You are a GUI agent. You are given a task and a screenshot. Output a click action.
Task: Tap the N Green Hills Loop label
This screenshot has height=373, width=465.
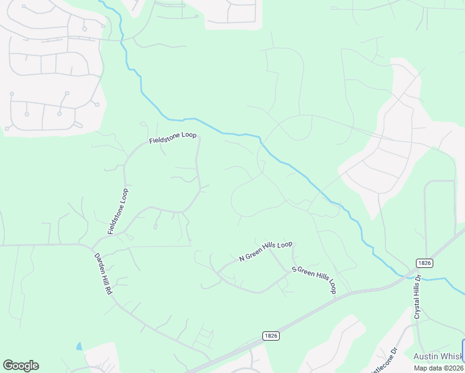click(265, 251)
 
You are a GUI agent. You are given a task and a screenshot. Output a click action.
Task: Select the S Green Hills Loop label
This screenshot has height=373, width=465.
click(314, 280)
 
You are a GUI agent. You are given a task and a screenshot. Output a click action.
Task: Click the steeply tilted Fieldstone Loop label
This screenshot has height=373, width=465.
click(117, 211)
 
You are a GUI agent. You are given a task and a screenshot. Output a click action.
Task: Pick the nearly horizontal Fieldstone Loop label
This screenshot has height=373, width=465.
click(173, 137)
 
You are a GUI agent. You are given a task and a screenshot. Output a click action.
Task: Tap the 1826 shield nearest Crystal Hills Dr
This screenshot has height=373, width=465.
click(421, 263)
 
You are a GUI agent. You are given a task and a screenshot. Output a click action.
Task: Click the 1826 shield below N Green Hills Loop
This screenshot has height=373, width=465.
click(270, 335)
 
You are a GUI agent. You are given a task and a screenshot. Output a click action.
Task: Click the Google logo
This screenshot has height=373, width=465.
click(21, 366)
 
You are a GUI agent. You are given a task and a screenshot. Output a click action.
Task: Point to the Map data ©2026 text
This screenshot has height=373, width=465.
click(439, 367)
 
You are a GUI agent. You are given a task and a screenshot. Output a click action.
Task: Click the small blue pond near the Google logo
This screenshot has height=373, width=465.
click(79, 346)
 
